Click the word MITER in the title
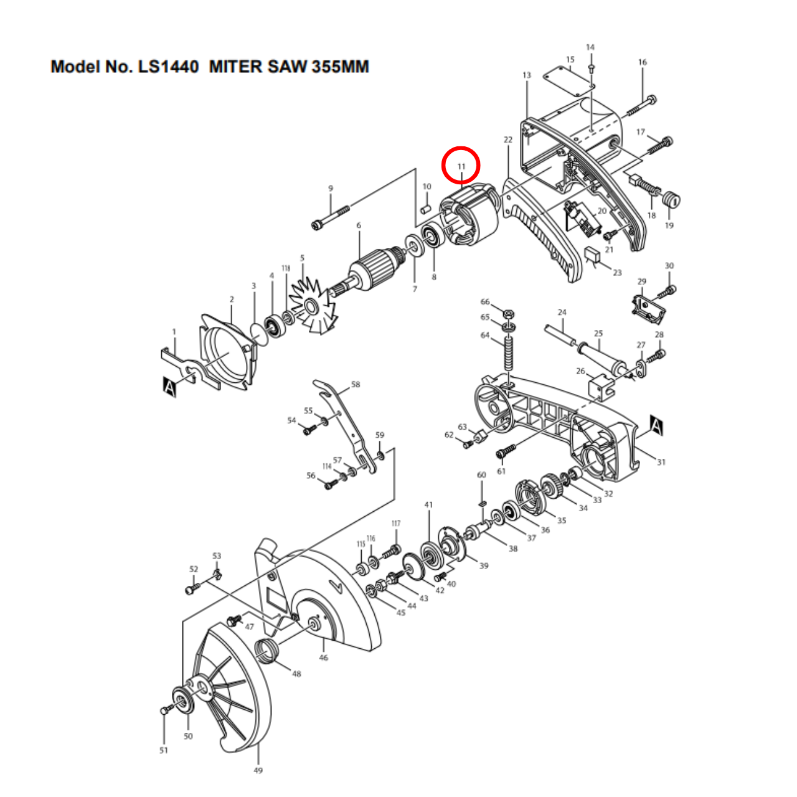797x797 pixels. click(235, 67)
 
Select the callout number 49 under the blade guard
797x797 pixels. click(258, 770)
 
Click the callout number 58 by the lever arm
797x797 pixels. click(356, 385)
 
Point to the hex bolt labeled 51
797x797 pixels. click(164, 710)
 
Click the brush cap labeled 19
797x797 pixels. click(671, 200)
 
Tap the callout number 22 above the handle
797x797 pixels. click(507, 139)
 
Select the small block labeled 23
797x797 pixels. click(592, 257)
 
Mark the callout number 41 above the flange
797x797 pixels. click(428, 505)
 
